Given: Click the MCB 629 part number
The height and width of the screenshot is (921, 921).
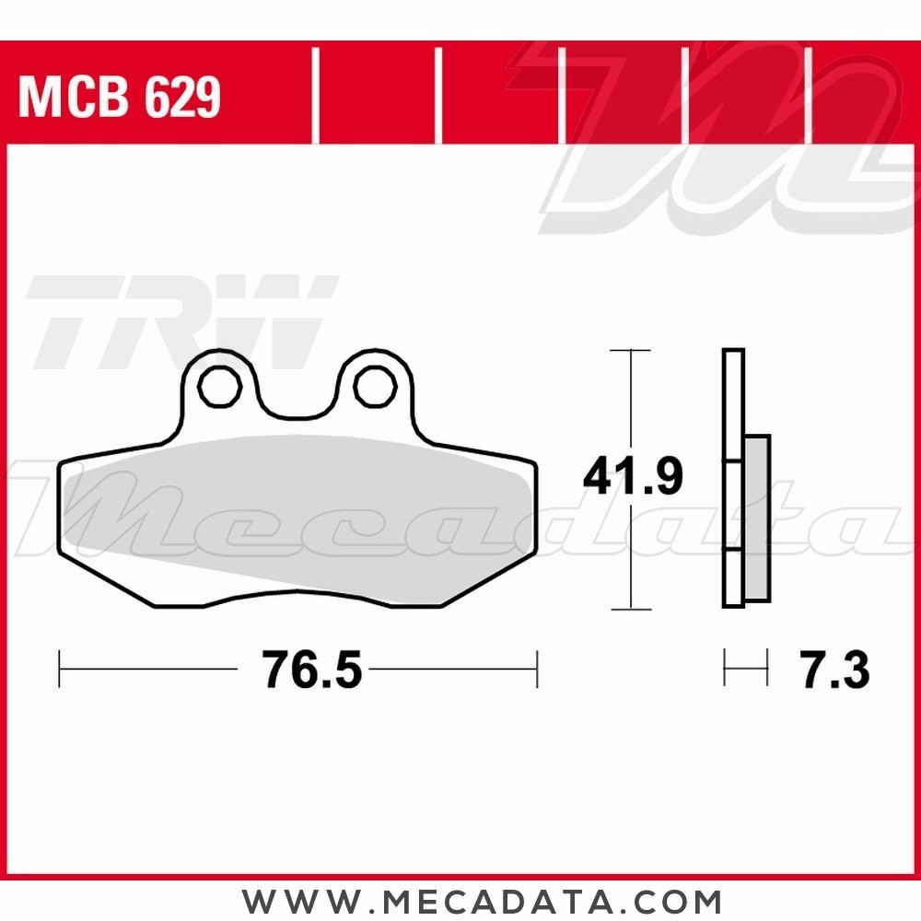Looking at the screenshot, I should (120, 98).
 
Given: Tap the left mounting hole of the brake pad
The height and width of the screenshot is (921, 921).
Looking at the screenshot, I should (218, 388).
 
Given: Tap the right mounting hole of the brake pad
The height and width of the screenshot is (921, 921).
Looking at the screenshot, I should (374, 388).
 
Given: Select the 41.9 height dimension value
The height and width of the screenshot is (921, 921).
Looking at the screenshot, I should (632, 477).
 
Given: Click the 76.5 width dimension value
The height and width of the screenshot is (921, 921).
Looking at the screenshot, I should (311, 670).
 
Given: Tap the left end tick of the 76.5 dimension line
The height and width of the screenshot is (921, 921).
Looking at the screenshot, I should (60, 669).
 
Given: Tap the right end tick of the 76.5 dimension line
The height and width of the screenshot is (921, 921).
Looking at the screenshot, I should (536, 669).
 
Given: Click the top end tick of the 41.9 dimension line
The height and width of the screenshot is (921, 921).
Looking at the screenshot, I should (631, 351).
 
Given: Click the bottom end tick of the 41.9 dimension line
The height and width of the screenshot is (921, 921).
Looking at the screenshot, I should (631, 609).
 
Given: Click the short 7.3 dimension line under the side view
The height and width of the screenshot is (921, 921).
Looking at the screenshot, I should (745, 669).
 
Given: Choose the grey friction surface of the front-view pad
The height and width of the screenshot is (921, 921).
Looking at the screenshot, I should (295, 516).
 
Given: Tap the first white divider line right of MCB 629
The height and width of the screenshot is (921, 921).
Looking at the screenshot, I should (315, 98).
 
